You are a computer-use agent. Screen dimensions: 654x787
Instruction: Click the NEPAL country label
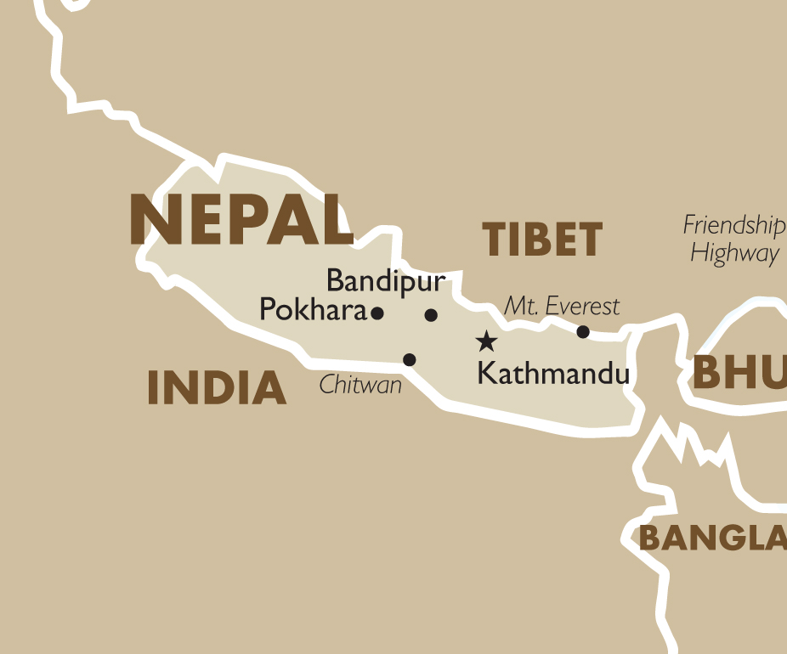point(241,219)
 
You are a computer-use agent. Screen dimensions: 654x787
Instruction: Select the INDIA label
point(217,388)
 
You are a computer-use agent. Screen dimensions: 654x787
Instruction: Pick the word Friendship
point(733,226)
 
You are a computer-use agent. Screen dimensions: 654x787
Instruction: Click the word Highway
point(734,253)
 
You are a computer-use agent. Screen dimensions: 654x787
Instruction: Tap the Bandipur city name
point(385,281)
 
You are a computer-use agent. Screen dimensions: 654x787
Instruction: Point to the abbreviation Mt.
point(519,306)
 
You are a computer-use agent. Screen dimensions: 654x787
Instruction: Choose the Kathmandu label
point(553,373)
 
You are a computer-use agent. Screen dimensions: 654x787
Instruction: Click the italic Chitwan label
point(360,386)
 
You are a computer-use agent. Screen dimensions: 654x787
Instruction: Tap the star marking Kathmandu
point(486,341)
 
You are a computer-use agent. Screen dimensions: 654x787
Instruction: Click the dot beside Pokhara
point(377,313)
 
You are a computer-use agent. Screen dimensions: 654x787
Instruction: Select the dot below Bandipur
point(431,315)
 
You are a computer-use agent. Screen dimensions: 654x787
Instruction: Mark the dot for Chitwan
point(409,359)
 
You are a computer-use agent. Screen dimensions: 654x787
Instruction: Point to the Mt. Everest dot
point(583,331)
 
